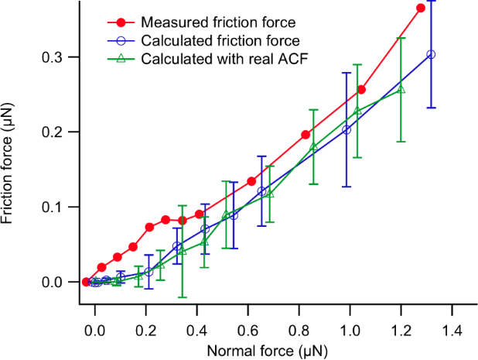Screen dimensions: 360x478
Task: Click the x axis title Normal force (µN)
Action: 267,350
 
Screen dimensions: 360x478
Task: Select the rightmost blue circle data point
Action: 431,54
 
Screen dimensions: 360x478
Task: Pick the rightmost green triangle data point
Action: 401,89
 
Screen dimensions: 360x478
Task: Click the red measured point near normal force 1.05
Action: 361,90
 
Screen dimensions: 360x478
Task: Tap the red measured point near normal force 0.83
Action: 306,135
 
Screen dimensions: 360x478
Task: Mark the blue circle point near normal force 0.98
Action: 347,130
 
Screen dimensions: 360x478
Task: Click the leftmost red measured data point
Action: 86,282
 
